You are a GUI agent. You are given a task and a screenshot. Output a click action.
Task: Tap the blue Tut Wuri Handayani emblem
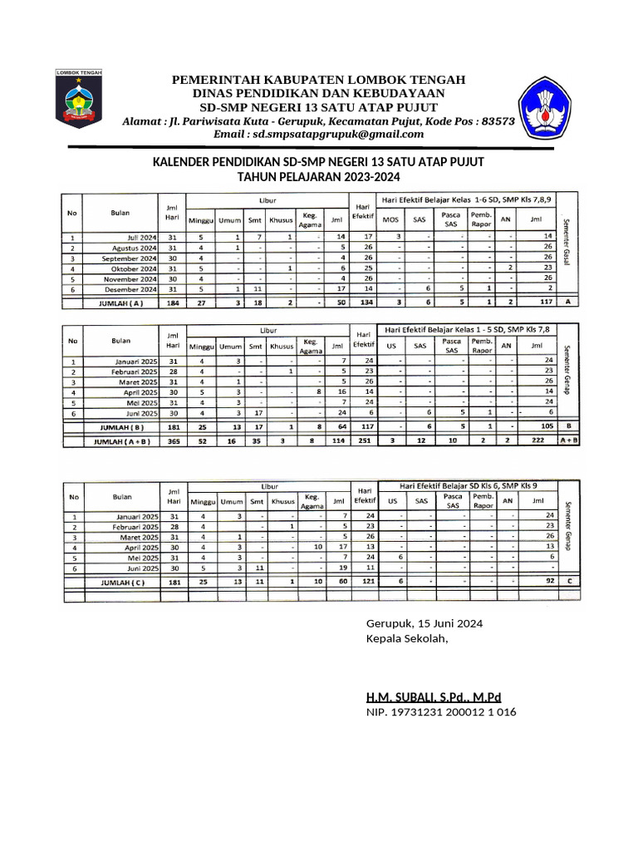[545, 107]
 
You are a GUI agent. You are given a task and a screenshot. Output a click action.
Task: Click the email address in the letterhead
[319, 134]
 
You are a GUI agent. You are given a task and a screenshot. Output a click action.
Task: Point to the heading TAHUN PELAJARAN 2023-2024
[319, 177]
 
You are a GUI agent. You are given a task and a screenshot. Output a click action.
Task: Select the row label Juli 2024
[137, 237]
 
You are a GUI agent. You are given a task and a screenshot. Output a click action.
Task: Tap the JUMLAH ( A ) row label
[120, 303]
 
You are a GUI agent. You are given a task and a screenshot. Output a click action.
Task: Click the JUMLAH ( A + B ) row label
[120, 441]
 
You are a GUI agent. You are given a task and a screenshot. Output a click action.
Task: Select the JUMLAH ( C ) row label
[120, 583]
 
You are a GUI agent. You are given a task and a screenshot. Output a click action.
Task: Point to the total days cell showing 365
[174, 441]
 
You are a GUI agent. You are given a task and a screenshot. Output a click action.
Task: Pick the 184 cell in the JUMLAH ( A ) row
[174, 303]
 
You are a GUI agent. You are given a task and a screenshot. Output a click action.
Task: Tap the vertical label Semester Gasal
[567, 240]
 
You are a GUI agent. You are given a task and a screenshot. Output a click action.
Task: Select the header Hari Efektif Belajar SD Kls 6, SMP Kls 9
[469, 485]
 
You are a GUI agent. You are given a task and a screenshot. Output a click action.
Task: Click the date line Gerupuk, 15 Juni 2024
[425, 623]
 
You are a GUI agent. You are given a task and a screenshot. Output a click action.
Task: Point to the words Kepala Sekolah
[407, 638]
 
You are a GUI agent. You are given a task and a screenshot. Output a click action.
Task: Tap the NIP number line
[440, 712]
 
